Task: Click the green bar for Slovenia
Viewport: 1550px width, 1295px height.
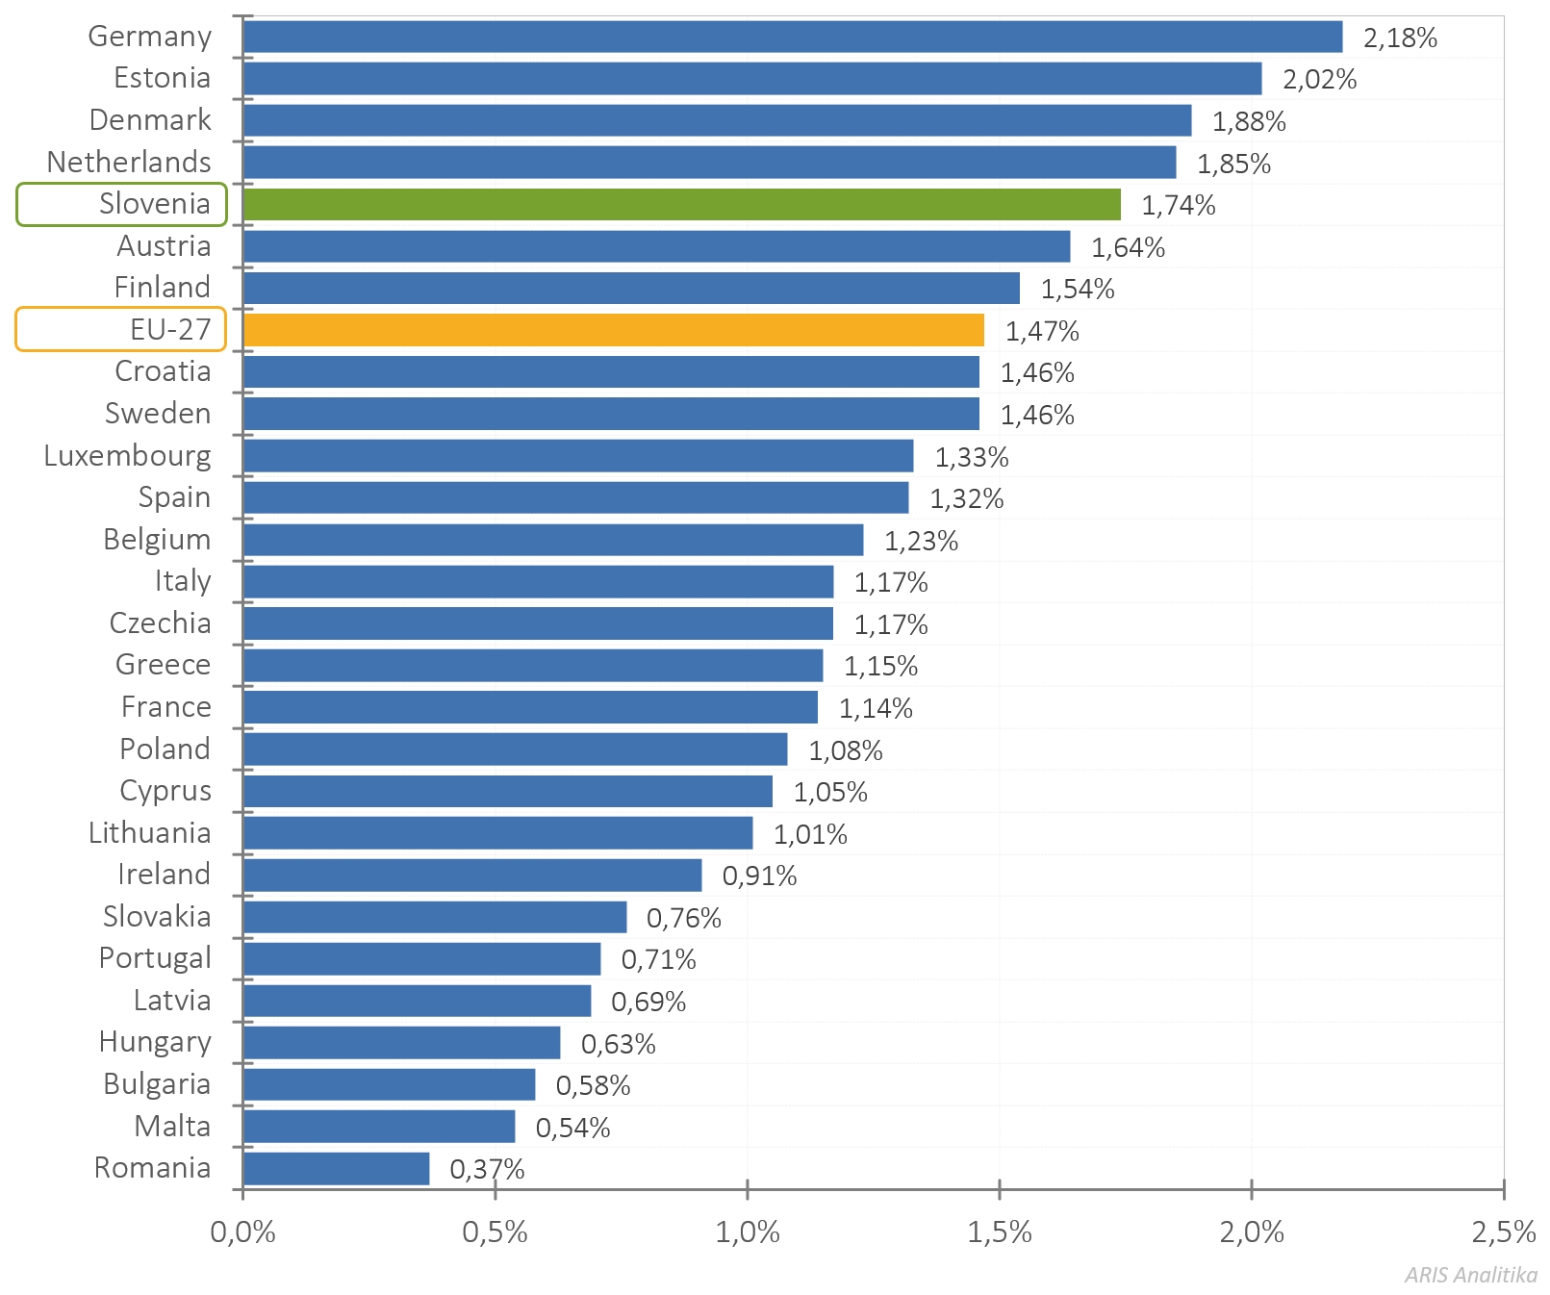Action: click(681, 205)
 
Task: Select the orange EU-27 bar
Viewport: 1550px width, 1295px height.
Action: click(614, 330)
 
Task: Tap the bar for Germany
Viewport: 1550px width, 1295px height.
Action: click(792, 38)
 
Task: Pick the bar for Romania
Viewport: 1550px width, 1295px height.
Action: click(336, 1169)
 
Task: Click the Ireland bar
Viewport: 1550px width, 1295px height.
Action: click(472, 876)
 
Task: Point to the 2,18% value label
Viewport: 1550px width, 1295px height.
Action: click(1400, 38)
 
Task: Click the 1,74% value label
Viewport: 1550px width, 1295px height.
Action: click(1178, 206)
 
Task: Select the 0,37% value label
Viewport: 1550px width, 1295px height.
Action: click(487, 1170)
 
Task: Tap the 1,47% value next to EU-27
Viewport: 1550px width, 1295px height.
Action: click(1042, 332)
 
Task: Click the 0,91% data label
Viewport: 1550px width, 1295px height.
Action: click(759, 876)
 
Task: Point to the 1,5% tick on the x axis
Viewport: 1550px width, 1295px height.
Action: click(1000, 1232)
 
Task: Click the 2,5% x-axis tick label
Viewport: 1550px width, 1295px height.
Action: click(1503, 1232)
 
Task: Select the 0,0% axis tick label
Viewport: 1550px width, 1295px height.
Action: click(242, 1232)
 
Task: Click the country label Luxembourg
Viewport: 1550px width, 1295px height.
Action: click(127, 456)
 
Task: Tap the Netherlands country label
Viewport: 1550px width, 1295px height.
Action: click(129, 163)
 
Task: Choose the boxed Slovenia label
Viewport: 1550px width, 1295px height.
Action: click(122, 205)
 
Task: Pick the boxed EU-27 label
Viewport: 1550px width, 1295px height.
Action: click(121, 330)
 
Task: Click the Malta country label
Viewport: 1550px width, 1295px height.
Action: click(172, 1127)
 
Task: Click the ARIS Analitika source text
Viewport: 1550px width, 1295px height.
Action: click(1470, 1276)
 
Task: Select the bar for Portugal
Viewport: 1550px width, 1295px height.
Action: click(421, 959)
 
